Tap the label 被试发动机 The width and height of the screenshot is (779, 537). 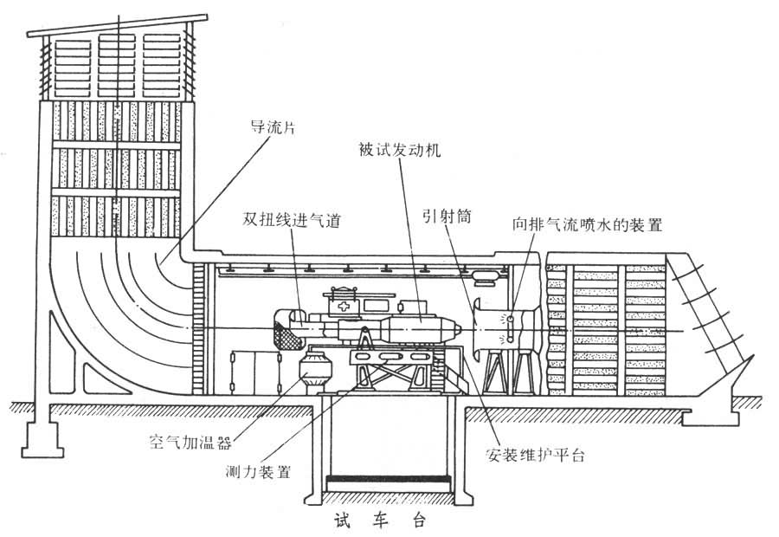tap(400, 150)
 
